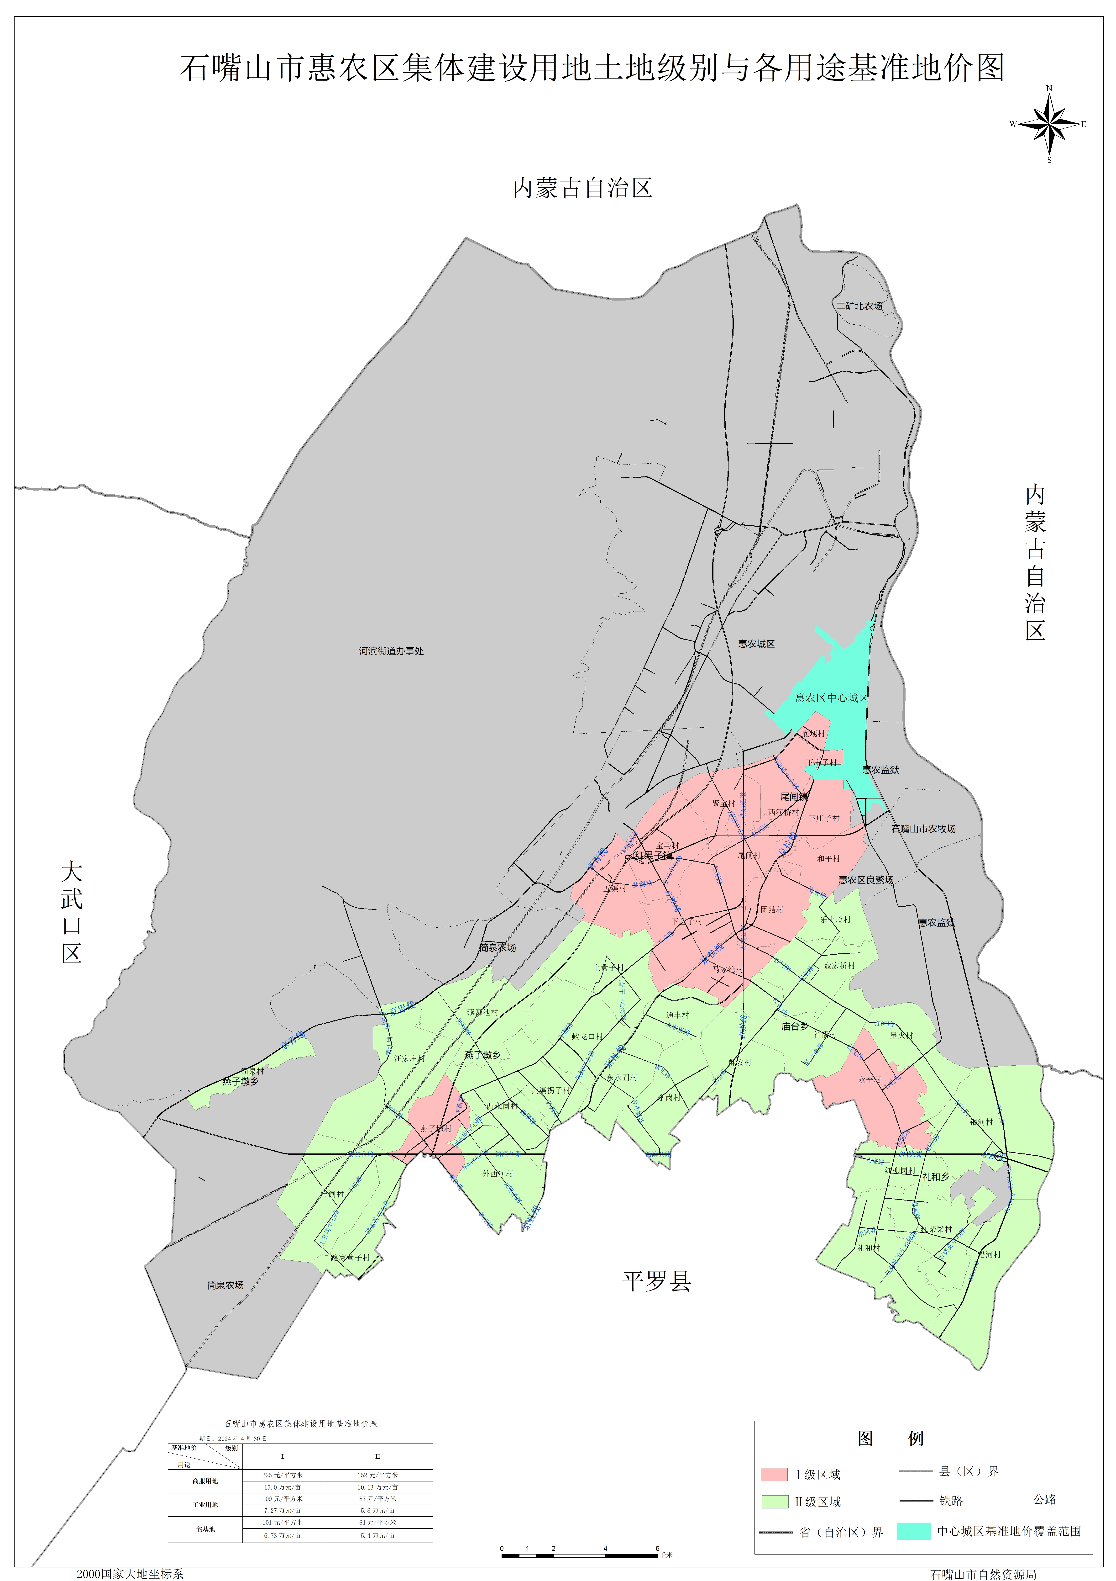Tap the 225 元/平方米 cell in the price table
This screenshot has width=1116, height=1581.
pos(282,1475)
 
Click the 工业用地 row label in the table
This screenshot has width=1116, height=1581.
pos(205,1505)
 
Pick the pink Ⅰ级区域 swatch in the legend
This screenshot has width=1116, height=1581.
pos(774,1474)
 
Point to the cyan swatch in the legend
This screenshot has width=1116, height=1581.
pos(914,1531)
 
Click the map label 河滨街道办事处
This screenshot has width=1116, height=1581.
pos(391,651)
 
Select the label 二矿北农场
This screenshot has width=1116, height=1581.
pos(859,306)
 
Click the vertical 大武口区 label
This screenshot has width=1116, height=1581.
pos(72,912)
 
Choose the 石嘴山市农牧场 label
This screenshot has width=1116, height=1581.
pos(923,828)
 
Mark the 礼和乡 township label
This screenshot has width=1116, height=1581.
pos(936,1177)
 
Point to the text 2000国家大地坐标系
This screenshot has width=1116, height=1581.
pos(130,1573)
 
